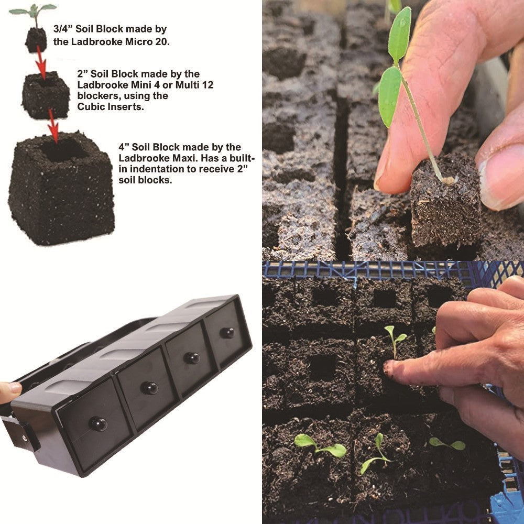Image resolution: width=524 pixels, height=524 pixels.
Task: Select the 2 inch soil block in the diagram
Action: (46, 95)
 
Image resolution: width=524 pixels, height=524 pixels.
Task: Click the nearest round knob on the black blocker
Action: (97, 423)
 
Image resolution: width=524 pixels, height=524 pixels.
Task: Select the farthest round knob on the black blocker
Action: (226, 332)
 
